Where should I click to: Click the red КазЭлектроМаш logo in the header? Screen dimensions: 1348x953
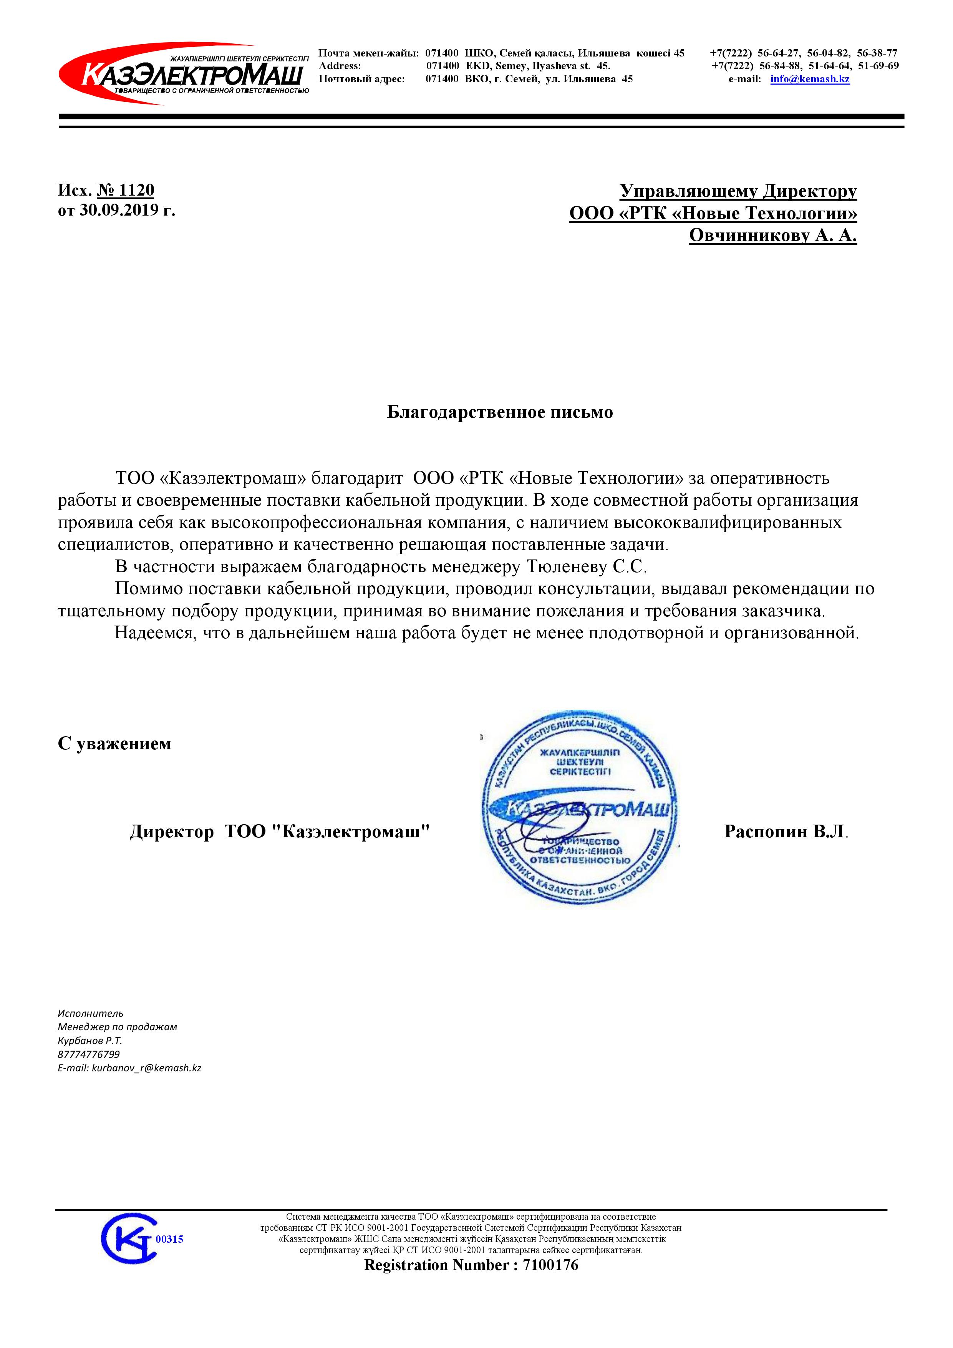point(183,75)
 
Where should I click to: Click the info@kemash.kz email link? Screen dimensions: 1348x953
point(810,79)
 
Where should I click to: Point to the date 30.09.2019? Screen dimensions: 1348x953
point(119,210)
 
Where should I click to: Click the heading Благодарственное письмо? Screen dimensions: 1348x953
point(500,412)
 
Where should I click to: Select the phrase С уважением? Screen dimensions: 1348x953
point(114,744)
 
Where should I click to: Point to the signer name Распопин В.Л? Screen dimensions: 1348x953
point(785,831)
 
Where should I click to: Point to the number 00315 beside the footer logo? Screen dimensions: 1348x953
point(170,1239)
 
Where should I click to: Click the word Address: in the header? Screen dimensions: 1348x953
point(340,66)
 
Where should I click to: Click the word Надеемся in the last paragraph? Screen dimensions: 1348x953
point(153,634)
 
